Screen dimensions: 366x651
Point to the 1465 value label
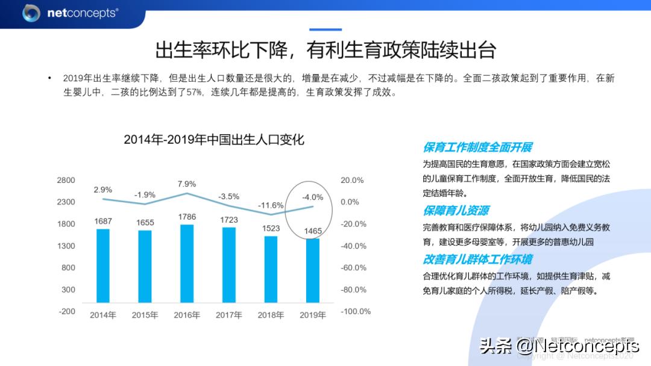point(313,231)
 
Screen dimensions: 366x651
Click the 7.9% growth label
point(187,184)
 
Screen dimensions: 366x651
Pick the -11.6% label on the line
point(271,205)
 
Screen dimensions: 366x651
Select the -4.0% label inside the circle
point(313,197)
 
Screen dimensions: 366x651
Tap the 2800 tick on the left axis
point(66,180)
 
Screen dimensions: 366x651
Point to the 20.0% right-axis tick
point(353,180)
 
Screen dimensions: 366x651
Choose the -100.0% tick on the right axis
point(356,311)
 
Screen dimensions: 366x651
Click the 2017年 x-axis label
point(228,315)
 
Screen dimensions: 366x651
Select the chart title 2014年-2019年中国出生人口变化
point(214,140)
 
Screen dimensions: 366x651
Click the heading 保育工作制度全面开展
point(477,147)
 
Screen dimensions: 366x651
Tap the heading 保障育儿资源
point(456,211)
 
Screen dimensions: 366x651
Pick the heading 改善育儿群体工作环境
point(477,259)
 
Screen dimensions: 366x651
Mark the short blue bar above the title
point(325,29)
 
